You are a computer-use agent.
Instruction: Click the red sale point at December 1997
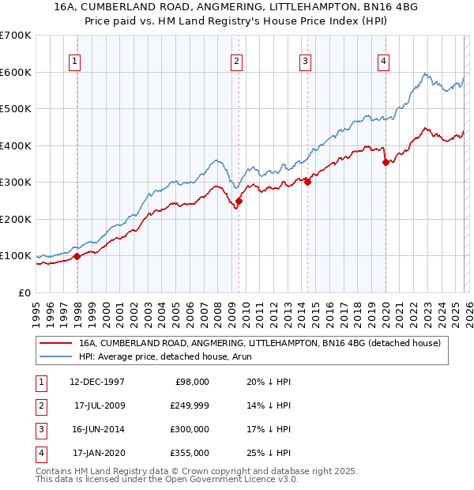tap(77, 256)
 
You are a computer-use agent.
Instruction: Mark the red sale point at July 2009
tap(239, 201)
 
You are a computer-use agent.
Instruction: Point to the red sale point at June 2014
tap(307, 182)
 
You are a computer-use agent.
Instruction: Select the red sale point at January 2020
tap(386, 162)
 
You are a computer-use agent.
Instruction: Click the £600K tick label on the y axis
tap(16, 72)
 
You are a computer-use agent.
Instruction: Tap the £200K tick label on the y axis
tap(16, 219)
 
